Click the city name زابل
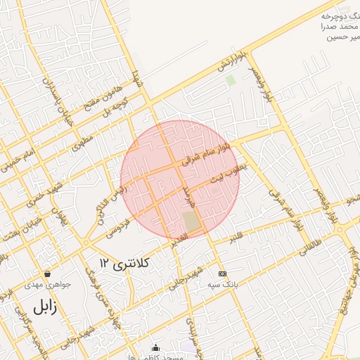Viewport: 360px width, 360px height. coord(42,307)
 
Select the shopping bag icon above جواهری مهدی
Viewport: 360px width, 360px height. coord(47,274)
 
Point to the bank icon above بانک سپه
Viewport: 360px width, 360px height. coord(223,274)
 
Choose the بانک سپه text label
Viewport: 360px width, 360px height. coord(223,284)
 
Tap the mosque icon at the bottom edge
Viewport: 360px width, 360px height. coord(155,347)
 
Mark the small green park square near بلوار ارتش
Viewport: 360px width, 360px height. coord(230,79)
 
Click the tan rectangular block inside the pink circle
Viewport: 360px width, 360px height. coord(191,221)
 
